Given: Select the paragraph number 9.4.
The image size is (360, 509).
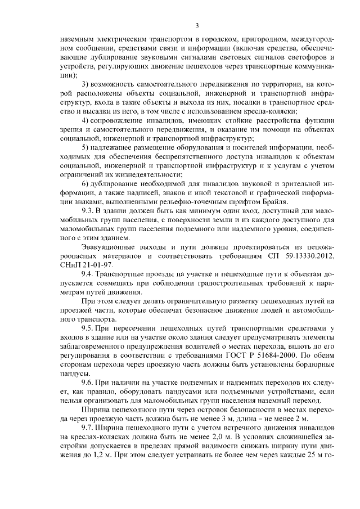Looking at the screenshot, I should (x=88, y=273).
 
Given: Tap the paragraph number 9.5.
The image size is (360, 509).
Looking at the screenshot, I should (x=88, y=327).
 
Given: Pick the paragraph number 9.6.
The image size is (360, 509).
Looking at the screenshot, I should (x=88, y=381).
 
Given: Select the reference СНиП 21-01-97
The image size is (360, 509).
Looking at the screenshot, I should (x=84, y=264).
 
